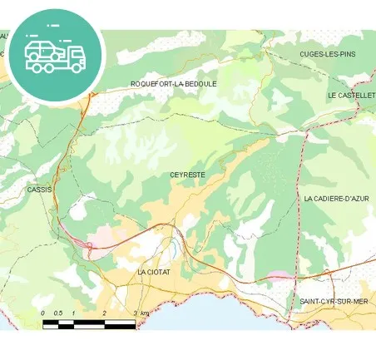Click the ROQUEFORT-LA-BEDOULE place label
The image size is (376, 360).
(x=173, y=84)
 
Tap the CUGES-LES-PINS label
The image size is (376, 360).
(x=327, y=53)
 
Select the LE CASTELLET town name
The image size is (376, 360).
(x=350, y=96)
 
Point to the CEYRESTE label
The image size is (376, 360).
(x=187, y=175)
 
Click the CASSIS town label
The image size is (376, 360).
(x=39, y=190)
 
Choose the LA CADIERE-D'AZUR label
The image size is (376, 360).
(x=336, y=199)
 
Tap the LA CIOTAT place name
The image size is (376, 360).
(x=154, y=272)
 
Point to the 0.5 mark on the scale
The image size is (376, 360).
(x=58, y=313)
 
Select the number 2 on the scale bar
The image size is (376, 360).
(x=104, y=313)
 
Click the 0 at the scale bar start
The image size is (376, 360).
(x=43, y=313)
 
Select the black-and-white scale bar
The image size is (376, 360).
(x=89, y=323)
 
